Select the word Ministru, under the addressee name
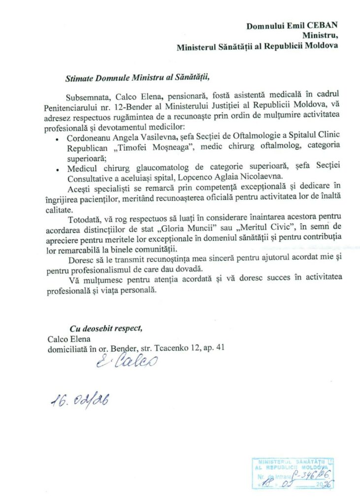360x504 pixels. coord(320,35)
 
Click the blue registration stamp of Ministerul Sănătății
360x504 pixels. coord(293,473)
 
